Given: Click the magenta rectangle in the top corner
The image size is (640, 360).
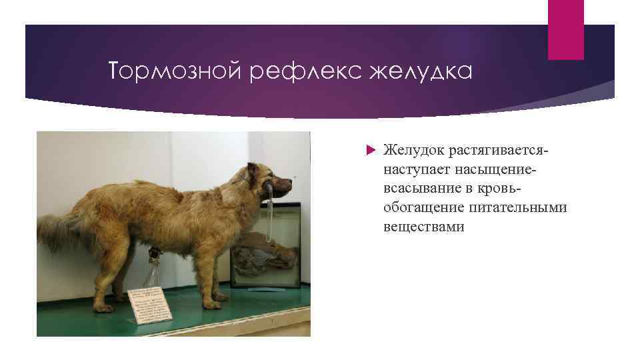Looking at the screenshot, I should tap(565, 29).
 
